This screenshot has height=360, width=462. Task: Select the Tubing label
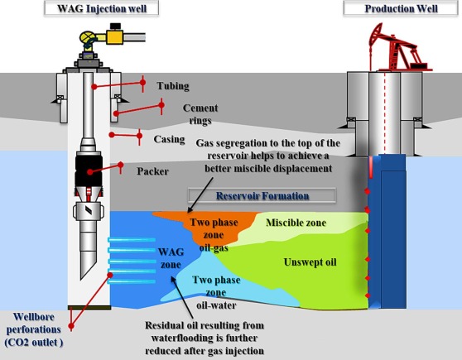tap(173, 86)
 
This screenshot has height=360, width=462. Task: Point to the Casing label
tap(169, 138)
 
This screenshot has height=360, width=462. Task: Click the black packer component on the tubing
tap(87, 169)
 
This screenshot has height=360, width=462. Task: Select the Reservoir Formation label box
tap(262, 196)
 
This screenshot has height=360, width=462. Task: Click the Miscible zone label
tap(296, 223)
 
